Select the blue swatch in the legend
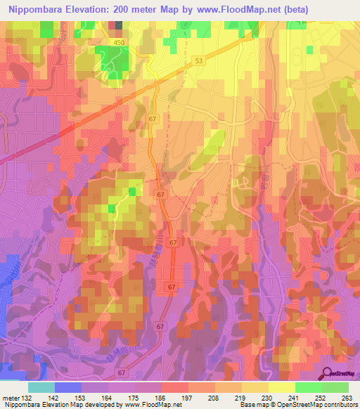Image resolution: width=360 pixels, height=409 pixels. (x=68, y=387)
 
